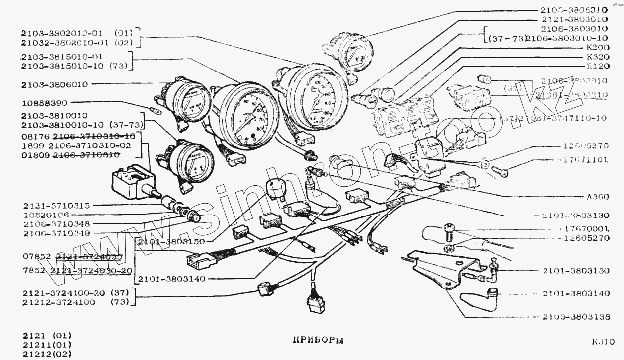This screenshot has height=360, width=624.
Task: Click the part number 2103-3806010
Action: click(55, 84)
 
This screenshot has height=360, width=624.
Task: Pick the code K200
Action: click(598, 48)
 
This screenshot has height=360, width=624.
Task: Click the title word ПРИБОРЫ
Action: click(317, 341)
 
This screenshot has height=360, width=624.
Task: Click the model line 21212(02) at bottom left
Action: click(47, 354)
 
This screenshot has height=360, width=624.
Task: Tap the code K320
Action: click(598, 57)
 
